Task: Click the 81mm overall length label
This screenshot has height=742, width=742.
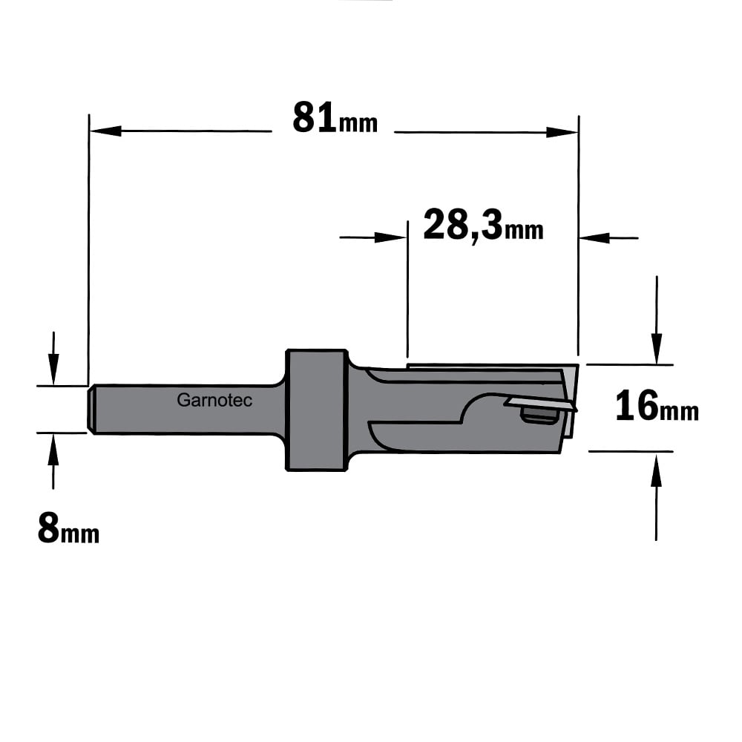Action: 335,118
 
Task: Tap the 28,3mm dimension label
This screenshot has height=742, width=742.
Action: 483,226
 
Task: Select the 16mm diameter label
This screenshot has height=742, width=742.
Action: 657,406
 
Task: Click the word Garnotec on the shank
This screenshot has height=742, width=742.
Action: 214,401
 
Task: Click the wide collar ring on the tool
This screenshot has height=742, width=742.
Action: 317,410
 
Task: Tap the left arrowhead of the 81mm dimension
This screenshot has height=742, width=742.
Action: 105,131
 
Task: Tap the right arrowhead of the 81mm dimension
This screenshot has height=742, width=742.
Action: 562,132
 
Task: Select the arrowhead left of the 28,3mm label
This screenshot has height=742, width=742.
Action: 391,237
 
